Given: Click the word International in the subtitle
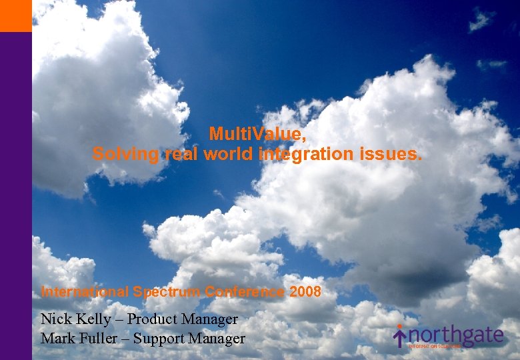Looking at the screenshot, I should pyautogui.click(x=85, y=292).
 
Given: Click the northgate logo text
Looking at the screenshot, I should pyautogui.click(x=457, y=335).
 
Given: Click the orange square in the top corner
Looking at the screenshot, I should pyautogui.click(x=15, y=15).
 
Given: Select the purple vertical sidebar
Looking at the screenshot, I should pyautogui.click(x=15, y=200).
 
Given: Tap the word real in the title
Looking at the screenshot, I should pyautogui.click(x=178, y=155).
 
